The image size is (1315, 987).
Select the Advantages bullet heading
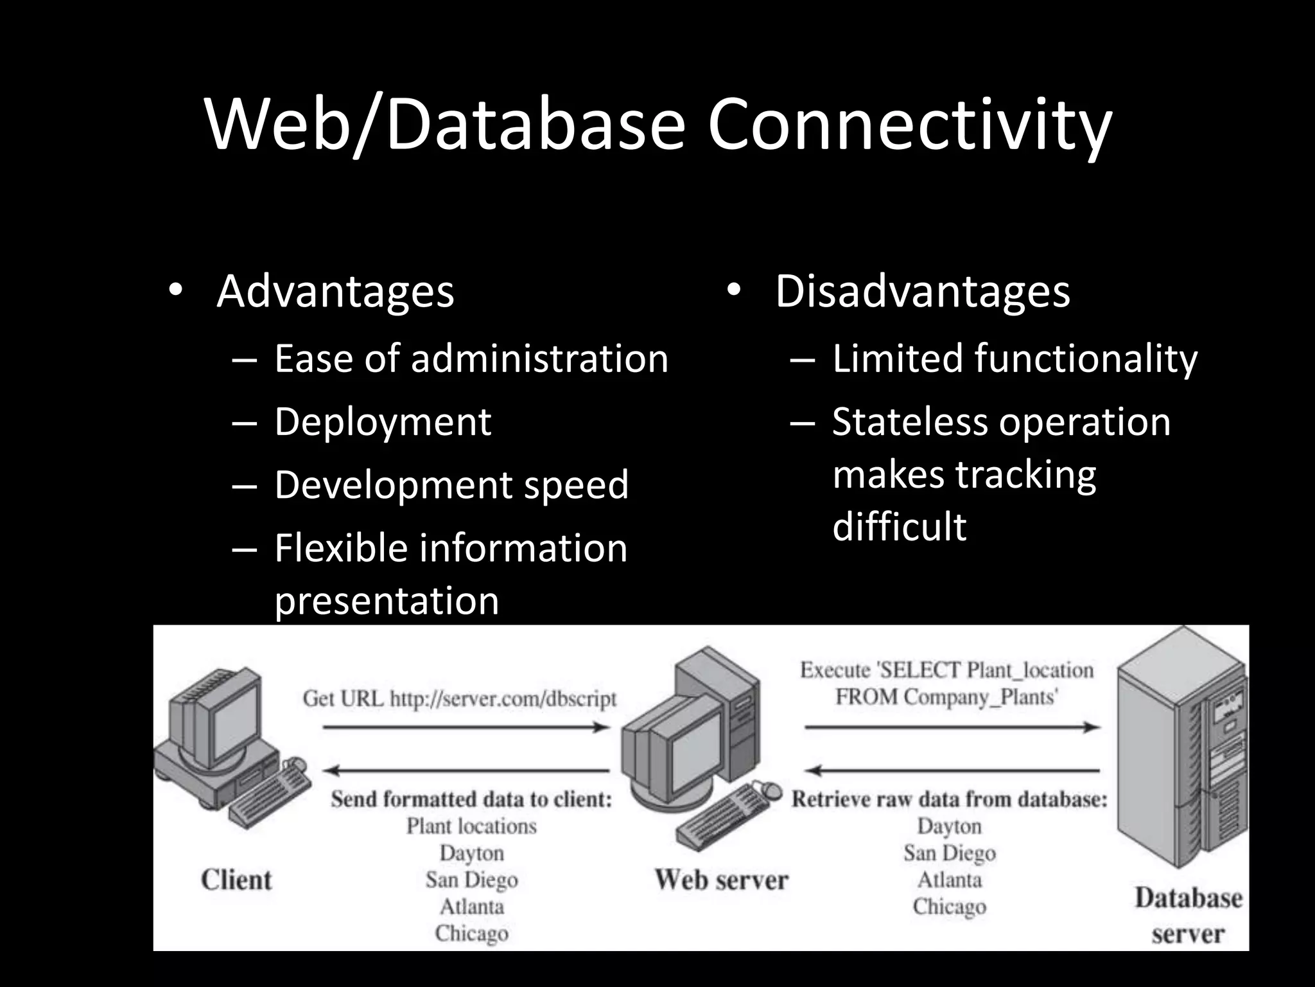(x=335, y=292)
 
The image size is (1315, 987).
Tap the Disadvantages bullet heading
(x=923, y=292)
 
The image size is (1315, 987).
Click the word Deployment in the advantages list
(x=383, y=422)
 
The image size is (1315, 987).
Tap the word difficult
(x=899, y=527)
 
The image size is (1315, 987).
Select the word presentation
(x=387, y=601)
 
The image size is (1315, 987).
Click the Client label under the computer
(x=236, y=880)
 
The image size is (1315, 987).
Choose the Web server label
(x=721, y=880)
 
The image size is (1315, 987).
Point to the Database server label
(x=1188, y=916)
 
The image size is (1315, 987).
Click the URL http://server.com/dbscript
(x=503, y=698)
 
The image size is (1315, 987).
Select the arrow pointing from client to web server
(x=466, y=727)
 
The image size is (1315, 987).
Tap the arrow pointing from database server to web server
(x=952, y=770)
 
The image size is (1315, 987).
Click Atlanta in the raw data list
(x=950, y=880)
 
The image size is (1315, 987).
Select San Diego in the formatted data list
(x=471, y=880)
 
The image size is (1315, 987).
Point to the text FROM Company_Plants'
(x=946, y=697)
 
